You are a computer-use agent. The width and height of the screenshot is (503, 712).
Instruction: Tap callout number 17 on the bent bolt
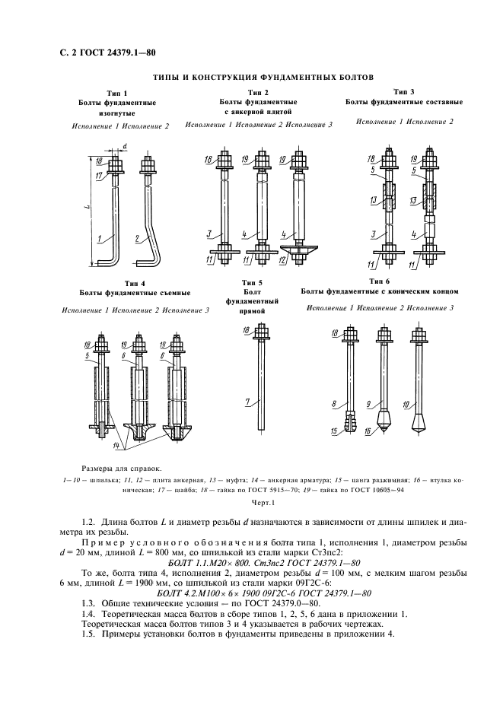100,176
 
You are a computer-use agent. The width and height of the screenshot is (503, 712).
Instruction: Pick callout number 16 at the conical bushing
369,432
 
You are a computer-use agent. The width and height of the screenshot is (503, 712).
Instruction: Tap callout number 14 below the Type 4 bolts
115,443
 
